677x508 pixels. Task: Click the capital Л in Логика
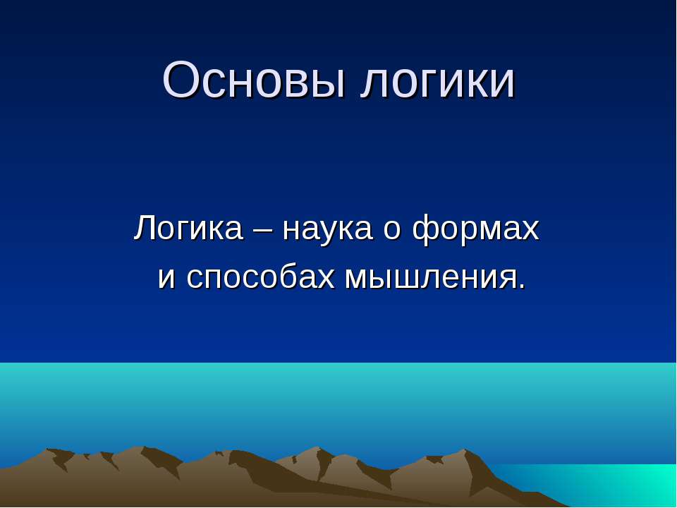(x=145, y=229)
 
